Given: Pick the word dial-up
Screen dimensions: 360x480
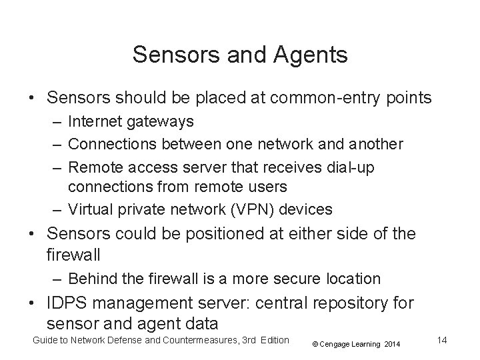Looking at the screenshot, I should point(349,167).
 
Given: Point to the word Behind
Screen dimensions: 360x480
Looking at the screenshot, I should point(91,278).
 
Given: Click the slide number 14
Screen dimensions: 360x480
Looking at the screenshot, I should point(441,341).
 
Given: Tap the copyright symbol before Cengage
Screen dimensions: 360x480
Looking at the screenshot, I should point(315,344).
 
